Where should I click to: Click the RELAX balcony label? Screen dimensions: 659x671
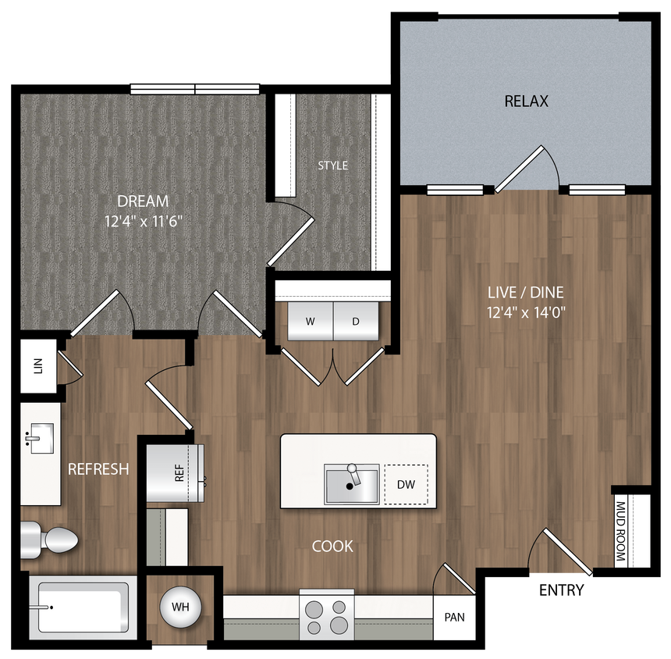[x=526, y=102]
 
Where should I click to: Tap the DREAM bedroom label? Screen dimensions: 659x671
[x=144, y=201]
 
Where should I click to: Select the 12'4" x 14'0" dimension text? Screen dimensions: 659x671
[x=525, y=312]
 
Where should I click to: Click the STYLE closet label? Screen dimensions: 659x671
[x=332, y=166]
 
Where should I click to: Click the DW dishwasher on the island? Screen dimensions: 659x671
[x=406, y=485]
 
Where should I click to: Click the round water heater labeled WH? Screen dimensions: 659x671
[x=180, y=607]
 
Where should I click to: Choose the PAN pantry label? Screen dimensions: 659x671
[x=454, y=617]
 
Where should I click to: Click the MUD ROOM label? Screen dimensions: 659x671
[x=621, y=531]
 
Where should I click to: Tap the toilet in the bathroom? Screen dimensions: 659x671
[x=51, y=539]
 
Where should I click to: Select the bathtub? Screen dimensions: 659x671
[x=81, y=606]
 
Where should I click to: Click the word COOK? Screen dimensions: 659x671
[x=332, y=547]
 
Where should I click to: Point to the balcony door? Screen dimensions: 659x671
[x=524, y=168]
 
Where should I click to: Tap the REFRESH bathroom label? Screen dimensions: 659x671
[x=98, y=469]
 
